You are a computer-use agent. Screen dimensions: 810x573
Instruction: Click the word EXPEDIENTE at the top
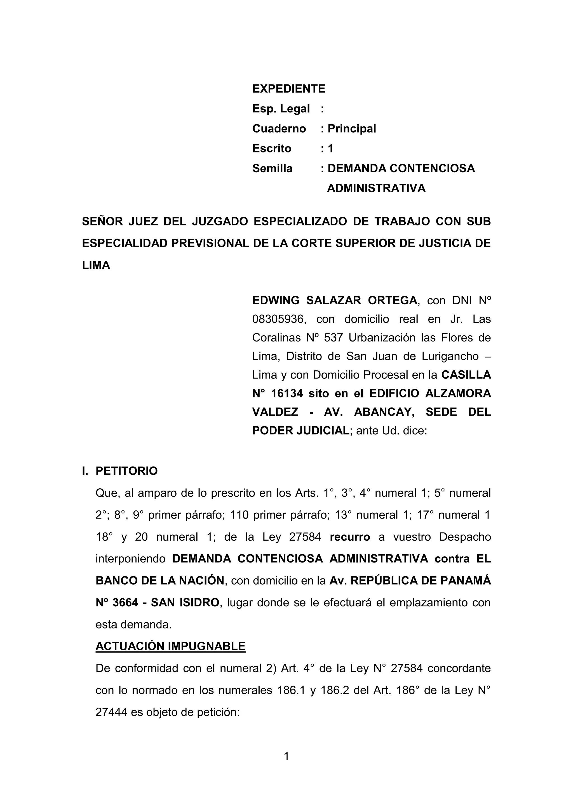(289, 89)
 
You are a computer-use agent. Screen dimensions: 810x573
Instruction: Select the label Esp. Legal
(281, 109)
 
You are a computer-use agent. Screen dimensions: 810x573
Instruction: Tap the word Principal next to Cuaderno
(352, 128)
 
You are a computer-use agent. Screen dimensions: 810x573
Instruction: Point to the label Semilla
(273, 168)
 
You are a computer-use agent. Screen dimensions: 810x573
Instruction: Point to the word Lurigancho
(450, 356)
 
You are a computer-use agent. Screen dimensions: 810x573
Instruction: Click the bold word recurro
(350, 537)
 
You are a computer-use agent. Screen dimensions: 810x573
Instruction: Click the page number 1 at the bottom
(286, 756)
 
